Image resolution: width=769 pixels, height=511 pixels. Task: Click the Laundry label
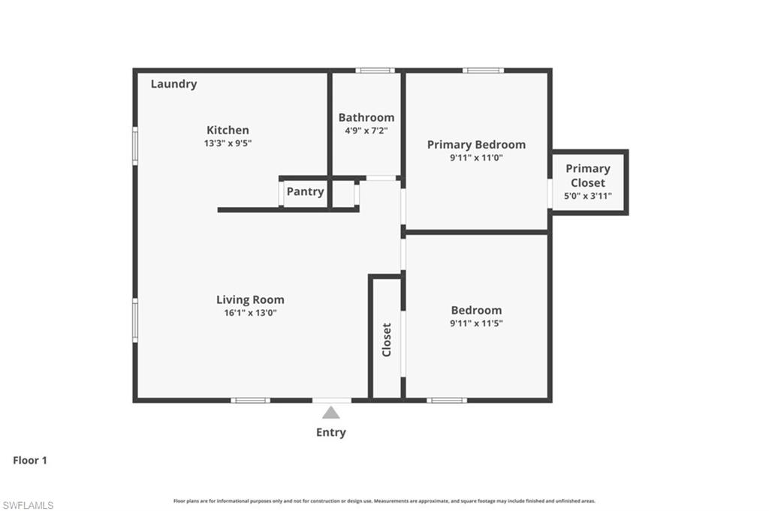[173, 84]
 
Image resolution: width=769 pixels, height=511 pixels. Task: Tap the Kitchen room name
[228, 130]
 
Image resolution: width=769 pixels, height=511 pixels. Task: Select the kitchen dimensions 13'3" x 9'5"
[228, 143]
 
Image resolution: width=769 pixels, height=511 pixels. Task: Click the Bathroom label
[366, 117]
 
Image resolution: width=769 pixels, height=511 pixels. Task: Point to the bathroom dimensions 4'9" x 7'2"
[366, 130]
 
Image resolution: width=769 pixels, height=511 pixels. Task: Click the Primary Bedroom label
[476, 144]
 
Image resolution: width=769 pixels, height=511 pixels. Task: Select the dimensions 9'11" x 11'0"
[476, 158]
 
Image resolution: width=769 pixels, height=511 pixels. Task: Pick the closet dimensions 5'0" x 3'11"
[588, 196]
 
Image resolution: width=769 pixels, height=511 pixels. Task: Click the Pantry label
[305, 191]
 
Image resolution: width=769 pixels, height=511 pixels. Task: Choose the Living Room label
[250, 299]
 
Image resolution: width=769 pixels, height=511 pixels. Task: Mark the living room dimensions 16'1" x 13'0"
[250, 313]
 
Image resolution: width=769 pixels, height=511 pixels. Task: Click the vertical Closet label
[387, 339]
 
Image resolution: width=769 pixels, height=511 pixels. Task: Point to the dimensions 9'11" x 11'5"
[476, 323]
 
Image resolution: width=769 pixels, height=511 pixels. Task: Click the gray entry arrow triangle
[330, 413]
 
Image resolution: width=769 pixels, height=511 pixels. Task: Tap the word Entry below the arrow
[330, 432]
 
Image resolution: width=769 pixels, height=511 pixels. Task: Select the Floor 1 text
[30, 461]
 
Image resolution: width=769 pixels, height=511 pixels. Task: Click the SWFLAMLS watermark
[28, 505]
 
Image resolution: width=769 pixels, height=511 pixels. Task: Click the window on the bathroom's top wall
[375, 71]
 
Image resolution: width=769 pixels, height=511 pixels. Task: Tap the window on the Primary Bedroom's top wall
[483, 71]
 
